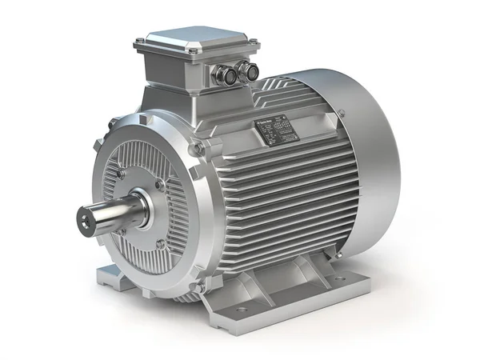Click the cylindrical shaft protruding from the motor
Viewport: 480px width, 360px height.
tap(116, 210)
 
